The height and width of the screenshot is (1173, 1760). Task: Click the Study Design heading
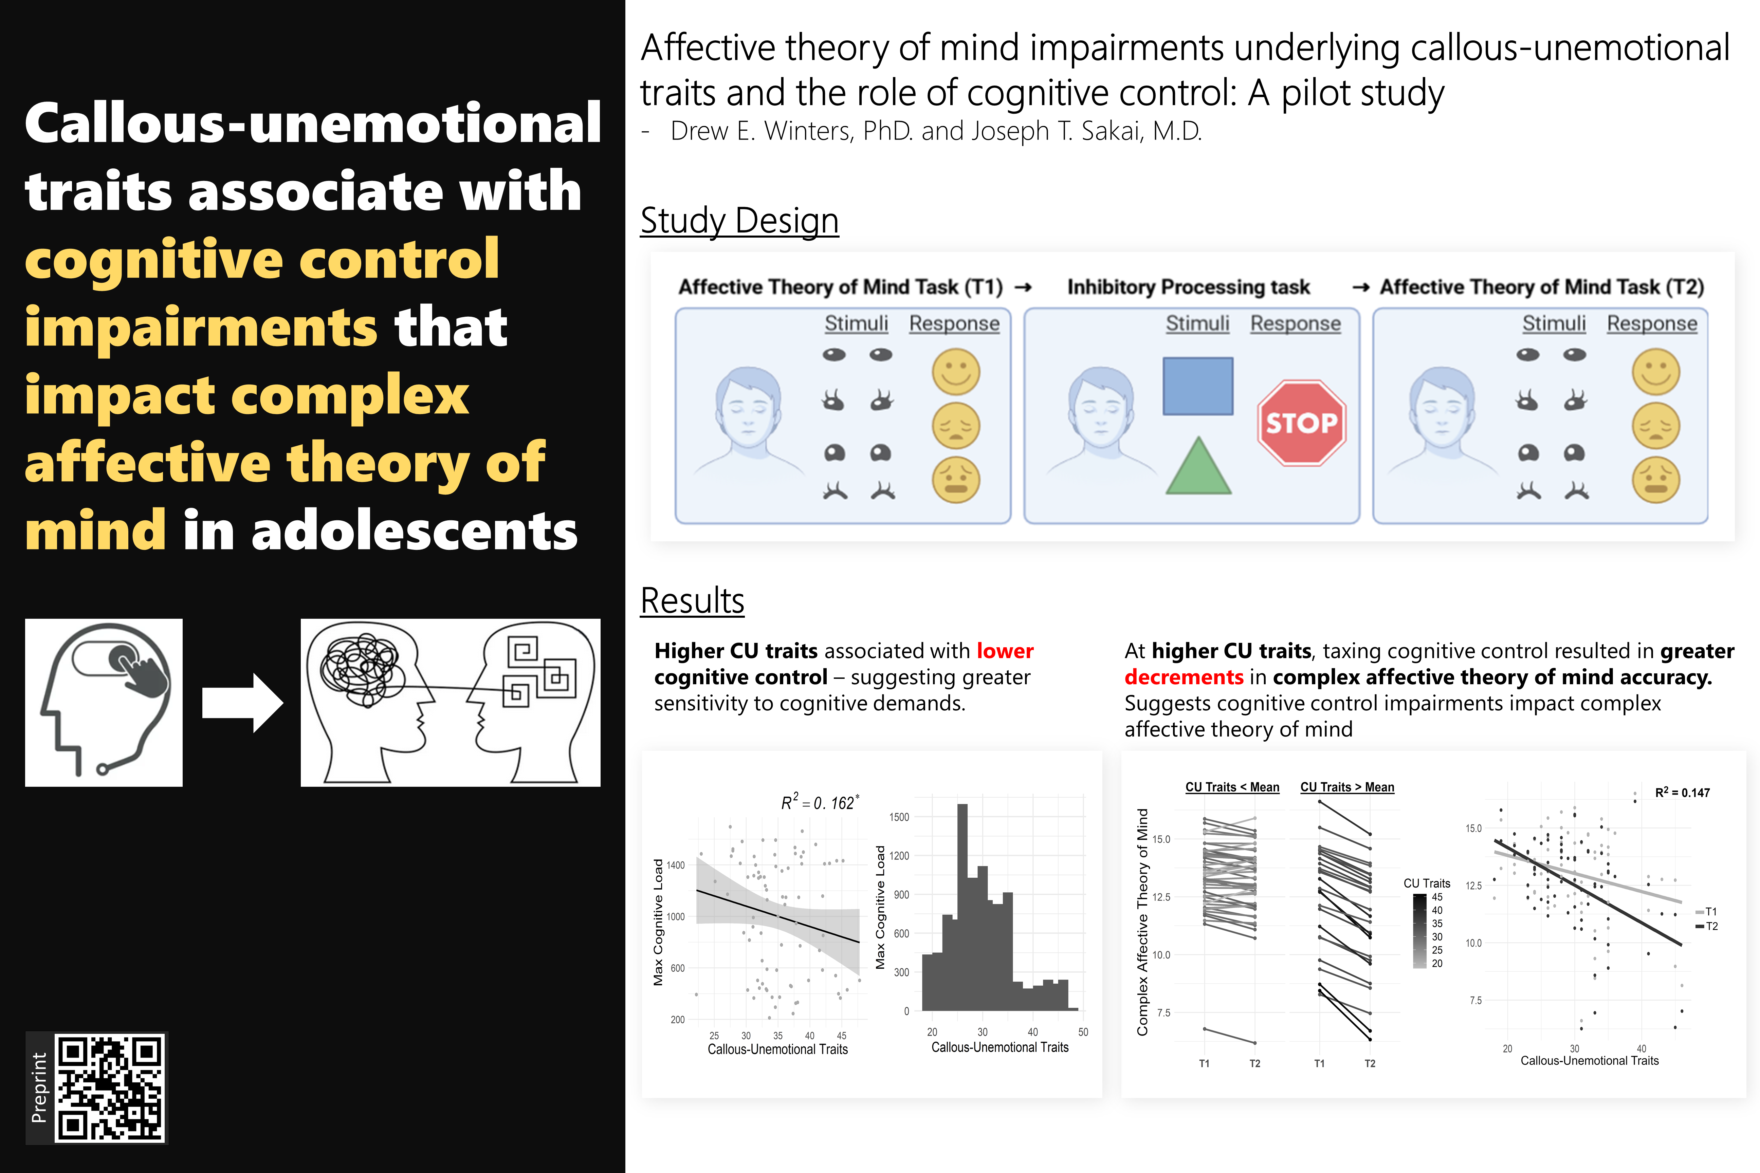[739, 221]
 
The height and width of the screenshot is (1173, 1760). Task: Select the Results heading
[692, 601]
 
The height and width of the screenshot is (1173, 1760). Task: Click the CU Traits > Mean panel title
[1347, 787]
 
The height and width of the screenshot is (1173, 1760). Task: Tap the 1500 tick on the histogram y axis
[899, 817]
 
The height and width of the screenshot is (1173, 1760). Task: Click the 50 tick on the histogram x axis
[1083, 1031]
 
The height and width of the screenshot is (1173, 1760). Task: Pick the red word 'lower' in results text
[1005, 651]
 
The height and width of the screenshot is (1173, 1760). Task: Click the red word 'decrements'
[1183, 677]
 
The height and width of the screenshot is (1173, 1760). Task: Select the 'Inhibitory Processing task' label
[1188, 287]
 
